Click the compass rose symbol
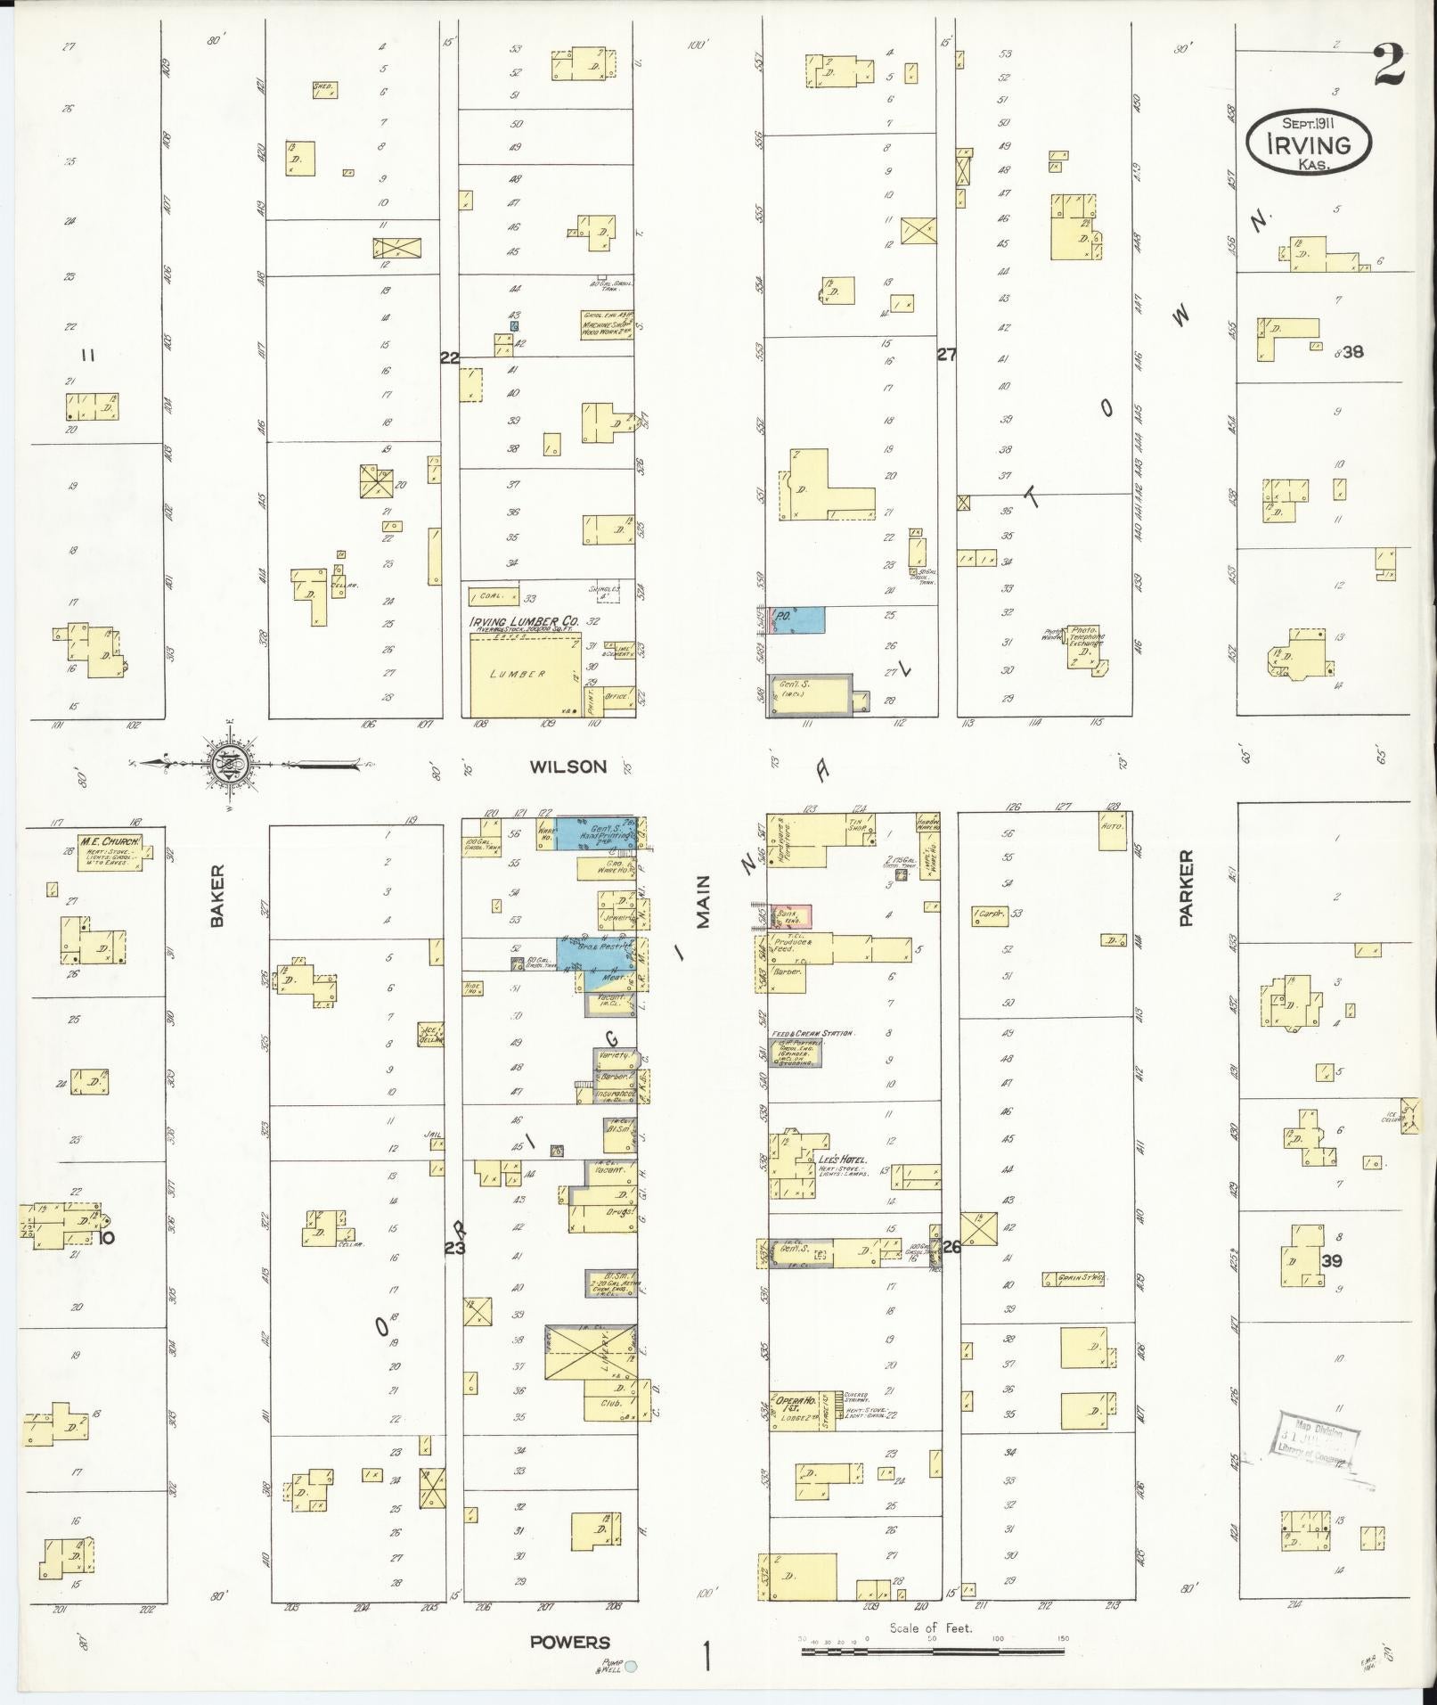click(229, 764)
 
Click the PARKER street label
click(1186, 889)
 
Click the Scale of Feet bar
click(932, 1652)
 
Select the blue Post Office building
click(798, 620)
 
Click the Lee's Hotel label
click(842, 1160)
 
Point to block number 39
click(1332, 1260)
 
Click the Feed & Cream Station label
click(812, 1034)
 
